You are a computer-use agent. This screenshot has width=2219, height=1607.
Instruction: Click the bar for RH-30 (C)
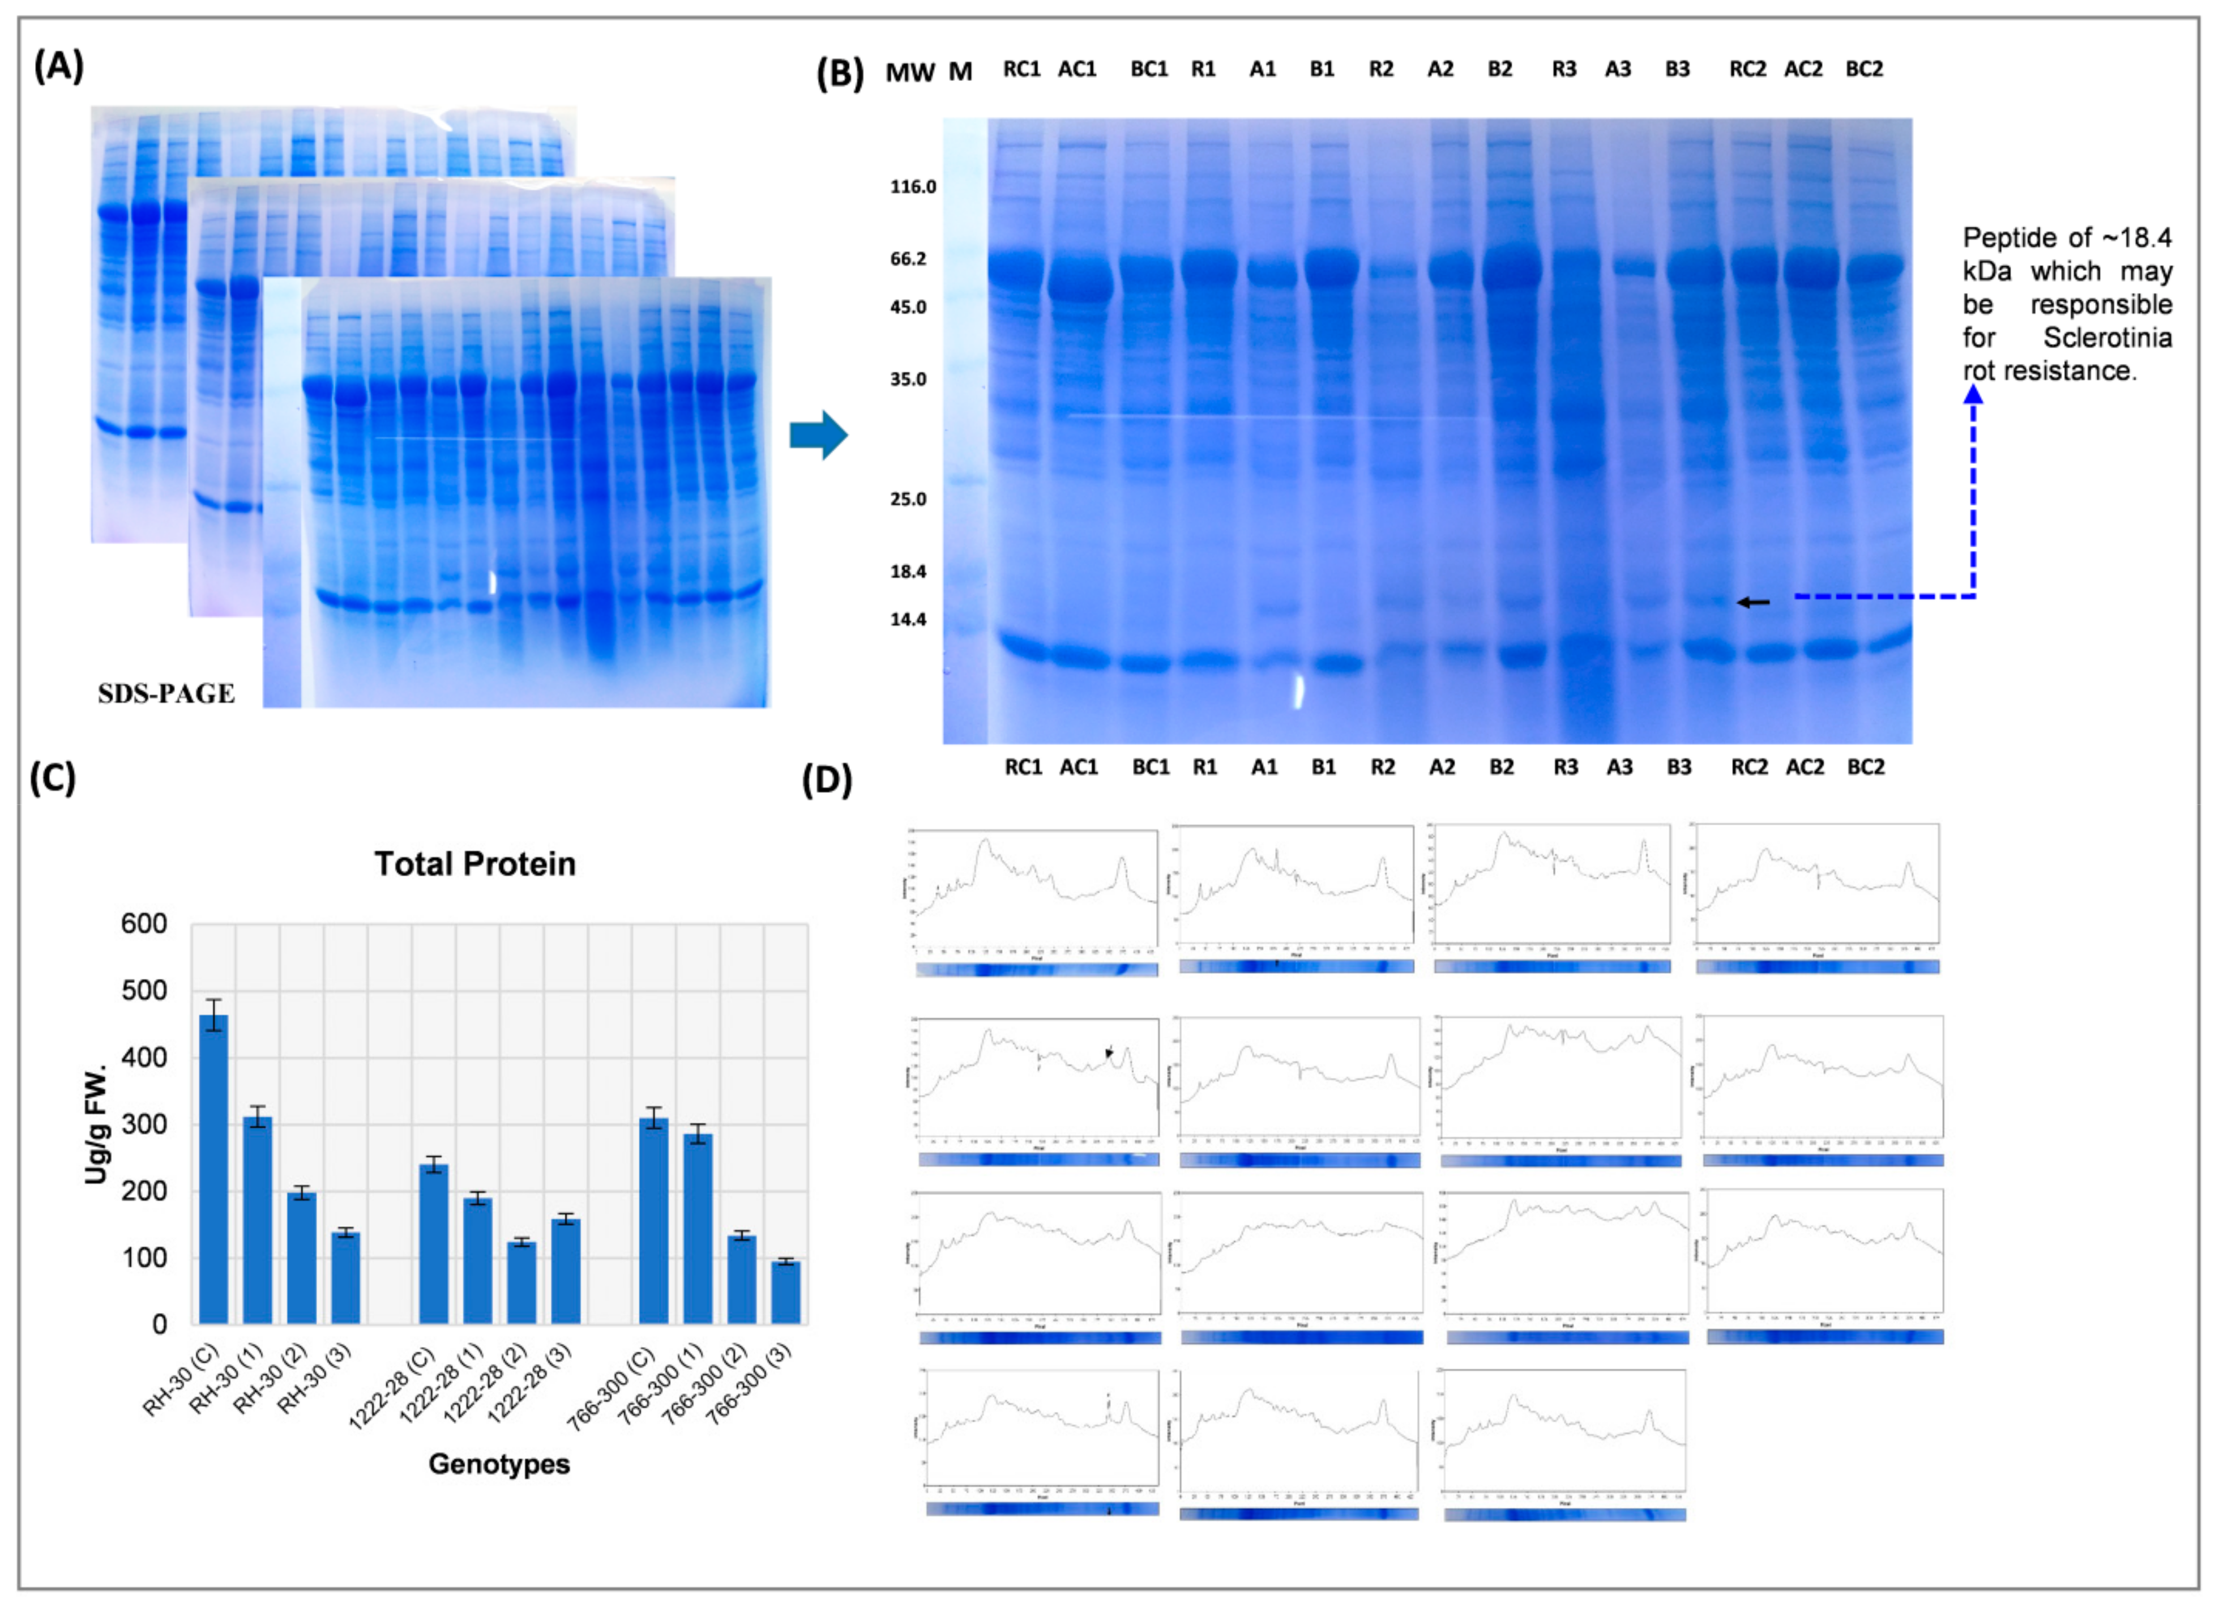pos(213,1170)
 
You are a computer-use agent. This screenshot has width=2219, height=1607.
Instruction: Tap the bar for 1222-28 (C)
pos(433,1243)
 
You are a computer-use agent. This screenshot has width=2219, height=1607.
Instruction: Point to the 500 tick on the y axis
pos(144,991)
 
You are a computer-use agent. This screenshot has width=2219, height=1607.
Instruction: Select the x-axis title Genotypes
pos(499,1464)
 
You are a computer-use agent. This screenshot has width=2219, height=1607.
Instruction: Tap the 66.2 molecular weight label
pos(908,258)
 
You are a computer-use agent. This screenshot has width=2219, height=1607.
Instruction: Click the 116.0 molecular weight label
pos(912,187)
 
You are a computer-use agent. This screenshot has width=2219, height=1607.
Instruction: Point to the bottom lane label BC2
pos(1865,768)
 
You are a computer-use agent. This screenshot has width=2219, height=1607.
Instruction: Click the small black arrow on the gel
pos(1753,602)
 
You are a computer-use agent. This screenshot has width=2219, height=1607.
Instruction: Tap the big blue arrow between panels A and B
pos(818,434)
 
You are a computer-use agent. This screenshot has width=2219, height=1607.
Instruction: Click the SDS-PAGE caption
pos(166,694)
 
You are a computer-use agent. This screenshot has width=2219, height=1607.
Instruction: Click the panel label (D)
pos(827,780)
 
